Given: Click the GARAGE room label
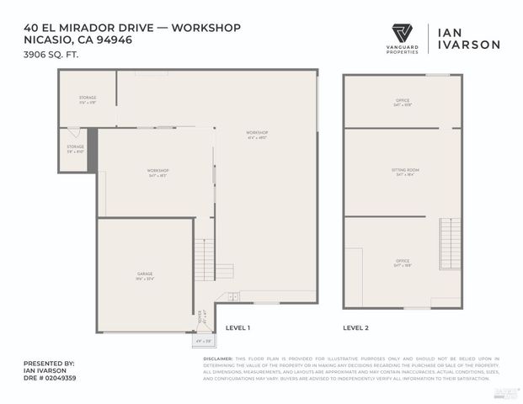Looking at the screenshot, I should coord(145,276).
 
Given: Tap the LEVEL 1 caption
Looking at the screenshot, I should coord(237,327).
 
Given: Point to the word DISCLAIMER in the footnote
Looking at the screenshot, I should coord(218,358).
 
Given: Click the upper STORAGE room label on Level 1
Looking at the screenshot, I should coord(88,100).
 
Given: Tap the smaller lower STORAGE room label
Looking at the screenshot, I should coord(76,149).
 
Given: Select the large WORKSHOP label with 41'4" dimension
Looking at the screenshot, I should coord(257,135).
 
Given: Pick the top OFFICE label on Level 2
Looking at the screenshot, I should coord(403,103).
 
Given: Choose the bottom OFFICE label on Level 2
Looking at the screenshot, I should coord(403,262).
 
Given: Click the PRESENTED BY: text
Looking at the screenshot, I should coord(49,363).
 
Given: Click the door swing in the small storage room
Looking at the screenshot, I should coord(74,133).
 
